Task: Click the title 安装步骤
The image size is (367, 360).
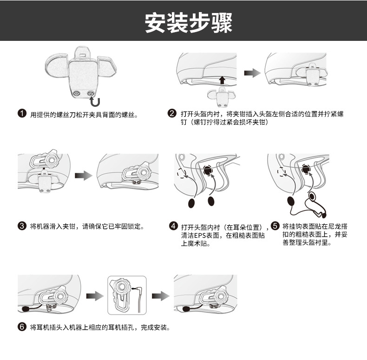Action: [x=188, y=22]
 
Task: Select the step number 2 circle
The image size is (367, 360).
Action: [x=172, y=113]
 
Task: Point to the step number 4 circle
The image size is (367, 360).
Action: [x=173, y=226]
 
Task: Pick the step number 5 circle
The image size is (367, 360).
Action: [x=275, y=226]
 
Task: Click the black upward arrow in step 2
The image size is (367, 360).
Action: [x=222, y=80]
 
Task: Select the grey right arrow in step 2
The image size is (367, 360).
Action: [x=252, y=73]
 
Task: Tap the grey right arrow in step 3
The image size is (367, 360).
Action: [x=84, y=175]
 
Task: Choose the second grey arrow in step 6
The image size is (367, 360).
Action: [x=160, y=296]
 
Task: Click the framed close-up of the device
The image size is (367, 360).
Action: [x=127, y=295]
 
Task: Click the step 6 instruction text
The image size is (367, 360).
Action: [x=99, y=327]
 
